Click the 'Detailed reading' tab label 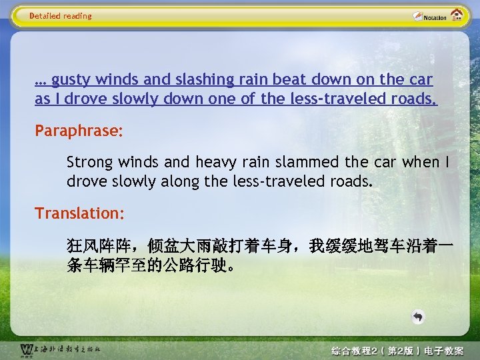60,15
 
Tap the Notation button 430,16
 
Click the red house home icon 457,15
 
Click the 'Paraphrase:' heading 79,130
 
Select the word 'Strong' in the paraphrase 90,162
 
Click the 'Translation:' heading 79,213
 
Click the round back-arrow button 417,317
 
